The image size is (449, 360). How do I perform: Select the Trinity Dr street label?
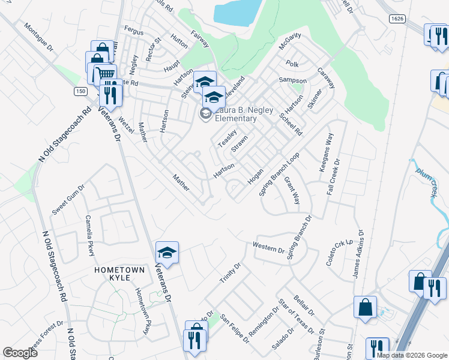(229, 274)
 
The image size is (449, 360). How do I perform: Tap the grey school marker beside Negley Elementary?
(206, 114)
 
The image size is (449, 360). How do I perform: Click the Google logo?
(20, 353)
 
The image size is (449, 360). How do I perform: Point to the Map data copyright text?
(411, 355)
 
